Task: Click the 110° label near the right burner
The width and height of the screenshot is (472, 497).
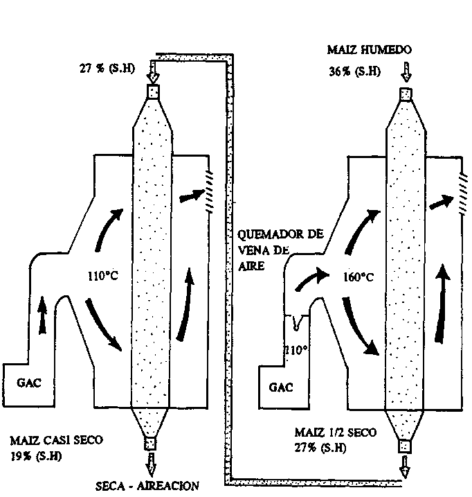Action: point(296,350)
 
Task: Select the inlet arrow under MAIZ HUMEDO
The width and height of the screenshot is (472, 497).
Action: point(406,71)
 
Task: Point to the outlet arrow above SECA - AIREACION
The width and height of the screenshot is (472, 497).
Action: point(151,462)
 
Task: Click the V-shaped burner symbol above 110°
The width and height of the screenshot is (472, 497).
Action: point(297,322)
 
